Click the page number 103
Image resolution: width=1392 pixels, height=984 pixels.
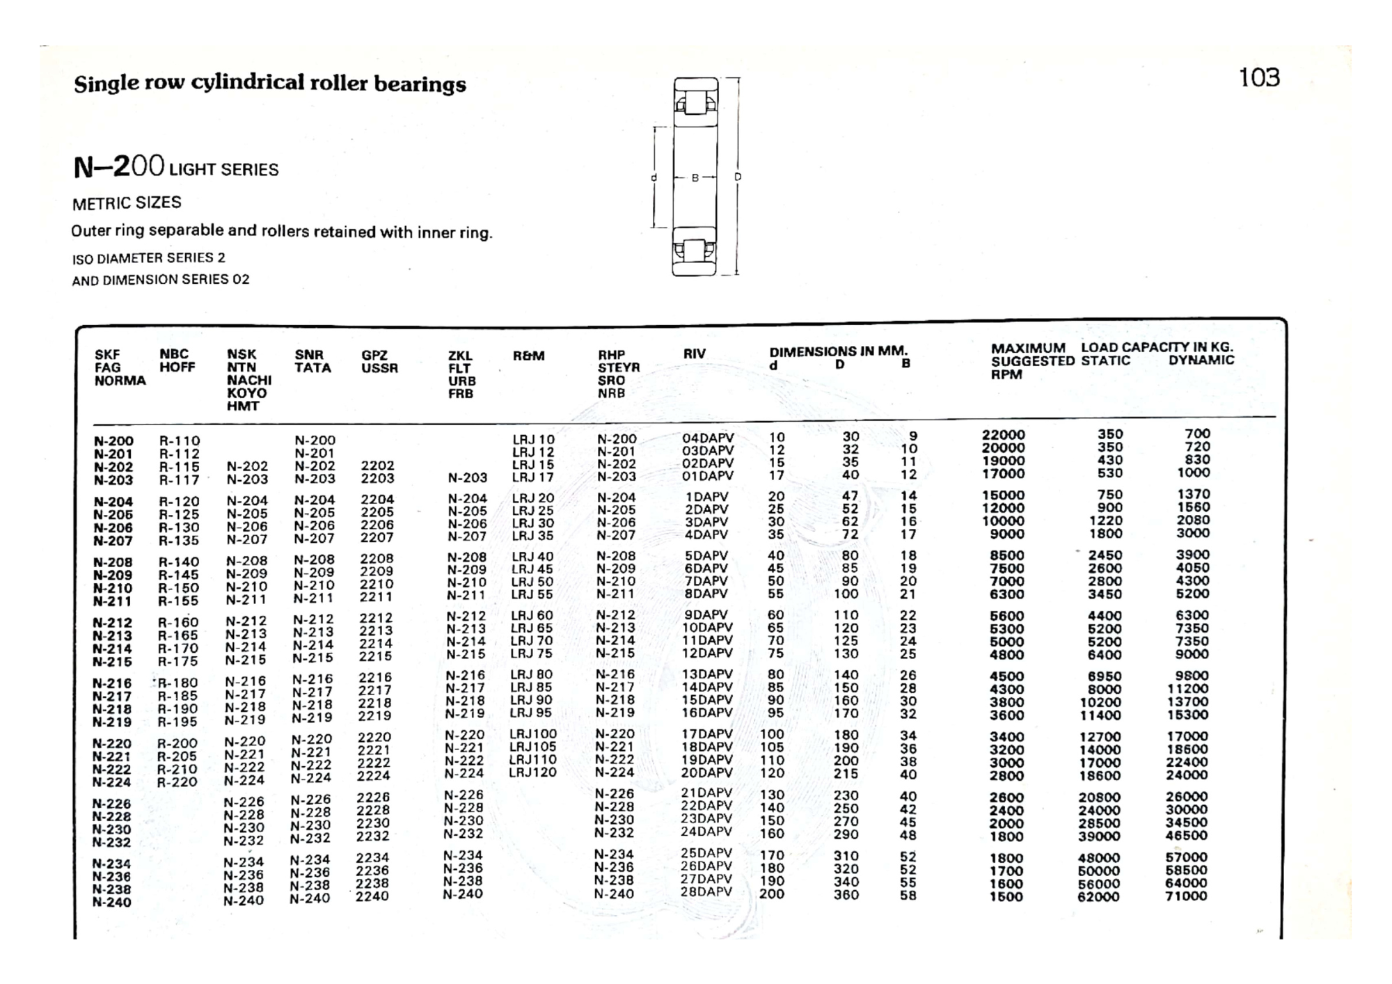(x=1259, y=77)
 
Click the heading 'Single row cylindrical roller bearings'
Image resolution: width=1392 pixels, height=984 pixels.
(x=270, y=84)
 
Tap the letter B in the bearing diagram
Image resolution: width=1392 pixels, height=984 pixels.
(x=695, y=178)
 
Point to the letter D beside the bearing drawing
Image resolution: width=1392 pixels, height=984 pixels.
(x=738, y=177)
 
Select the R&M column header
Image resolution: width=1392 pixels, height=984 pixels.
(x=528, y=356)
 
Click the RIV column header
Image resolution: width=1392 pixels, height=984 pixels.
(x=694, y=354)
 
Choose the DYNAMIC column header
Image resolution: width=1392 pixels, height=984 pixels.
(x=1201, y=360)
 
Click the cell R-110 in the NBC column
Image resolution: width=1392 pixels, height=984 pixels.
(x=179, y=441)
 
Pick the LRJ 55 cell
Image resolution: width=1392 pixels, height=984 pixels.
(x=532, y=594)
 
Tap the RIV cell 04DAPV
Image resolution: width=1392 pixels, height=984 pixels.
(x=708, y=438)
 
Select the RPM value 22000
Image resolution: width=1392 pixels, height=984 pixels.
(x=1003, y=435)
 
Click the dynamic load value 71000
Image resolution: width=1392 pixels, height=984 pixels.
(x=1186, y=896)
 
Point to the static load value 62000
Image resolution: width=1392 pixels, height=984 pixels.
(x=1098, y=897)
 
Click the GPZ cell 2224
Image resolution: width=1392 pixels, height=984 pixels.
(x=374, y=776)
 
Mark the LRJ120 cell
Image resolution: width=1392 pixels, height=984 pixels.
(x=532, y=772)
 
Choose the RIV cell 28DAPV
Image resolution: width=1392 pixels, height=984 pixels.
(x=706, y=892)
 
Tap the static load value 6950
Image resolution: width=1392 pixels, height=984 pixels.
(x=1104, y=676)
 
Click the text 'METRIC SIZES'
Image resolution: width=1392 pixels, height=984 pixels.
(x=127, y=203)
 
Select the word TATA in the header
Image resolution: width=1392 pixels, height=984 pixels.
(x=313, y=367)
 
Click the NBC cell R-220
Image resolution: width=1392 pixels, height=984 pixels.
(x=177, y=782)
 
